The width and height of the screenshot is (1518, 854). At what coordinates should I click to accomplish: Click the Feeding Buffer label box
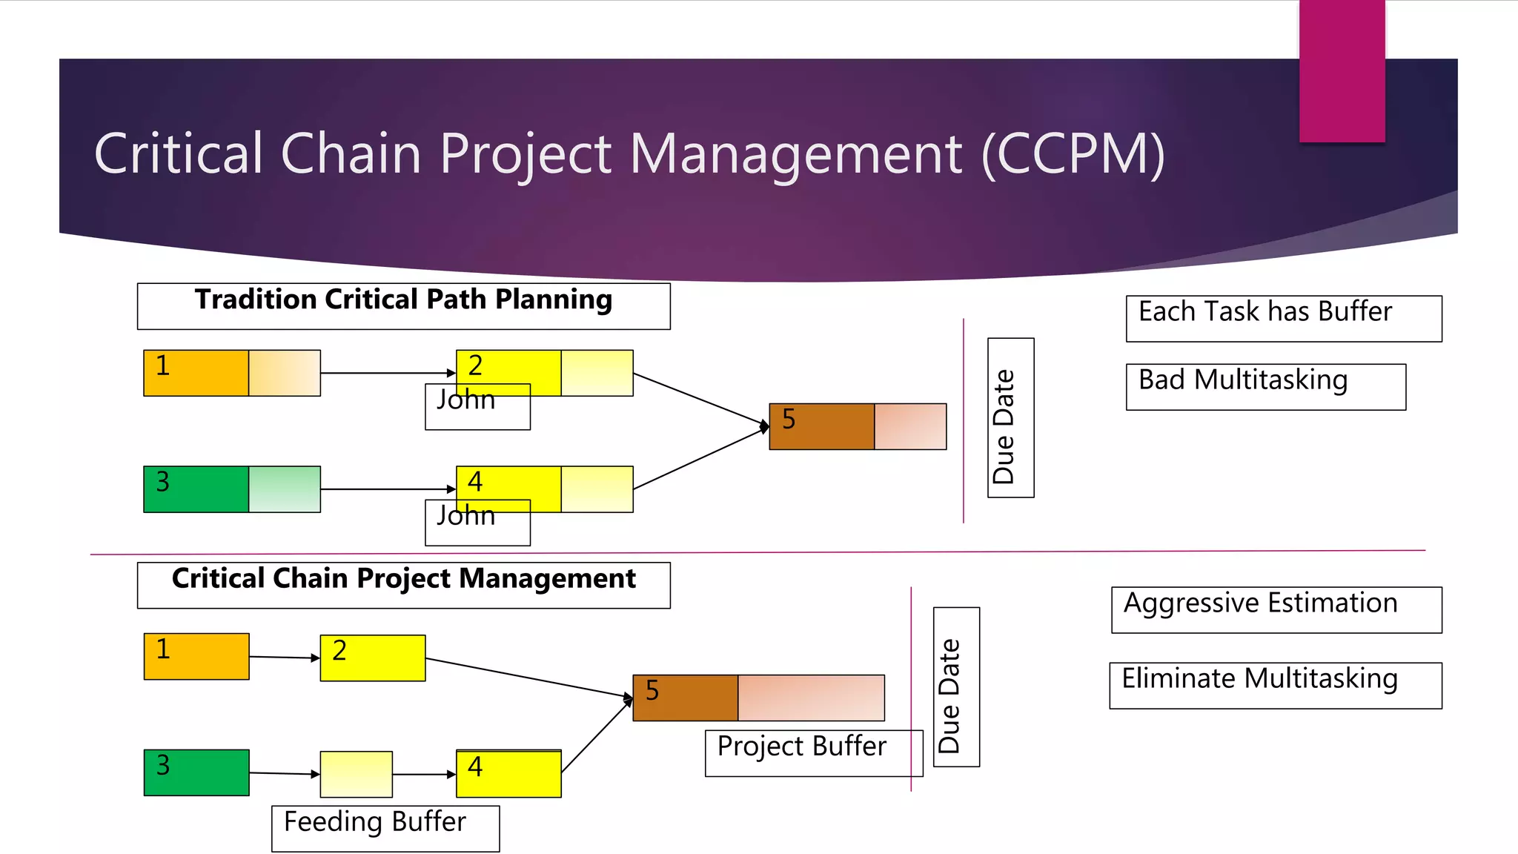click(x=385, y=828)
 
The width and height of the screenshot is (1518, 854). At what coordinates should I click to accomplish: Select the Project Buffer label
click(x=813, y=753)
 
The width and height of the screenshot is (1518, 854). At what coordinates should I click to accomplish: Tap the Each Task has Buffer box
click(x=1283, y=319)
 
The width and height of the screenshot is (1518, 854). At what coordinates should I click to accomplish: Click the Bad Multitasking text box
click(x=1265, y=386)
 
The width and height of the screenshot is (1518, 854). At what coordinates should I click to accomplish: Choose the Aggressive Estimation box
click(x=1276, y=609)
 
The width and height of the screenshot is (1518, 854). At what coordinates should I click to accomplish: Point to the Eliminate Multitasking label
click(x=1275, y=685)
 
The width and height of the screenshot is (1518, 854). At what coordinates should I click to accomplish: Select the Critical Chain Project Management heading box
click(x=403, y=585)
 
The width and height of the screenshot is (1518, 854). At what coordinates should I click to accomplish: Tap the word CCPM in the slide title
click(x=1073, y=154)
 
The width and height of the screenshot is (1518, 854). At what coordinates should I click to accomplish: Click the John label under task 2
click(x=477, y=407)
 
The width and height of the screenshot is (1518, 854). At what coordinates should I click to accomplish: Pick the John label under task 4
click(x=477, y=523)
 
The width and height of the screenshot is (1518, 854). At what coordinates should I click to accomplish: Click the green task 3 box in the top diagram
click(x=196, y=489)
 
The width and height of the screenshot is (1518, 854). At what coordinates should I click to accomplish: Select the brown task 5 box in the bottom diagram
click(x=685, y=698)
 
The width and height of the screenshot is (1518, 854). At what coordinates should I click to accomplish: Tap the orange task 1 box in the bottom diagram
click(x=196, y=656)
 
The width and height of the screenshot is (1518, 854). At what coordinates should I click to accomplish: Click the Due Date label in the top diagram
click(x=1010, y=417)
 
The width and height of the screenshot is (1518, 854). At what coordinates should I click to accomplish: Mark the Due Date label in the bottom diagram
click(x=956, y=686)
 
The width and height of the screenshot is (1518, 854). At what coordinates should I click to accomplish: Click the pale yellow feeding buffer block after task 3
click(x=356, y=774)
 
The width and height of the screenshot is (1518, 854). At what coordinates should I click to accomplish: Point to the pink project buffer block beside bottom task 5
click(x=811, y=698)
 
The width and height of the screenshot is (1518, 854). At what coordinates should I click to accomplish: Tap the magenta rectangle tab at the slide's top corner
click(x=1342, y=70)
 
